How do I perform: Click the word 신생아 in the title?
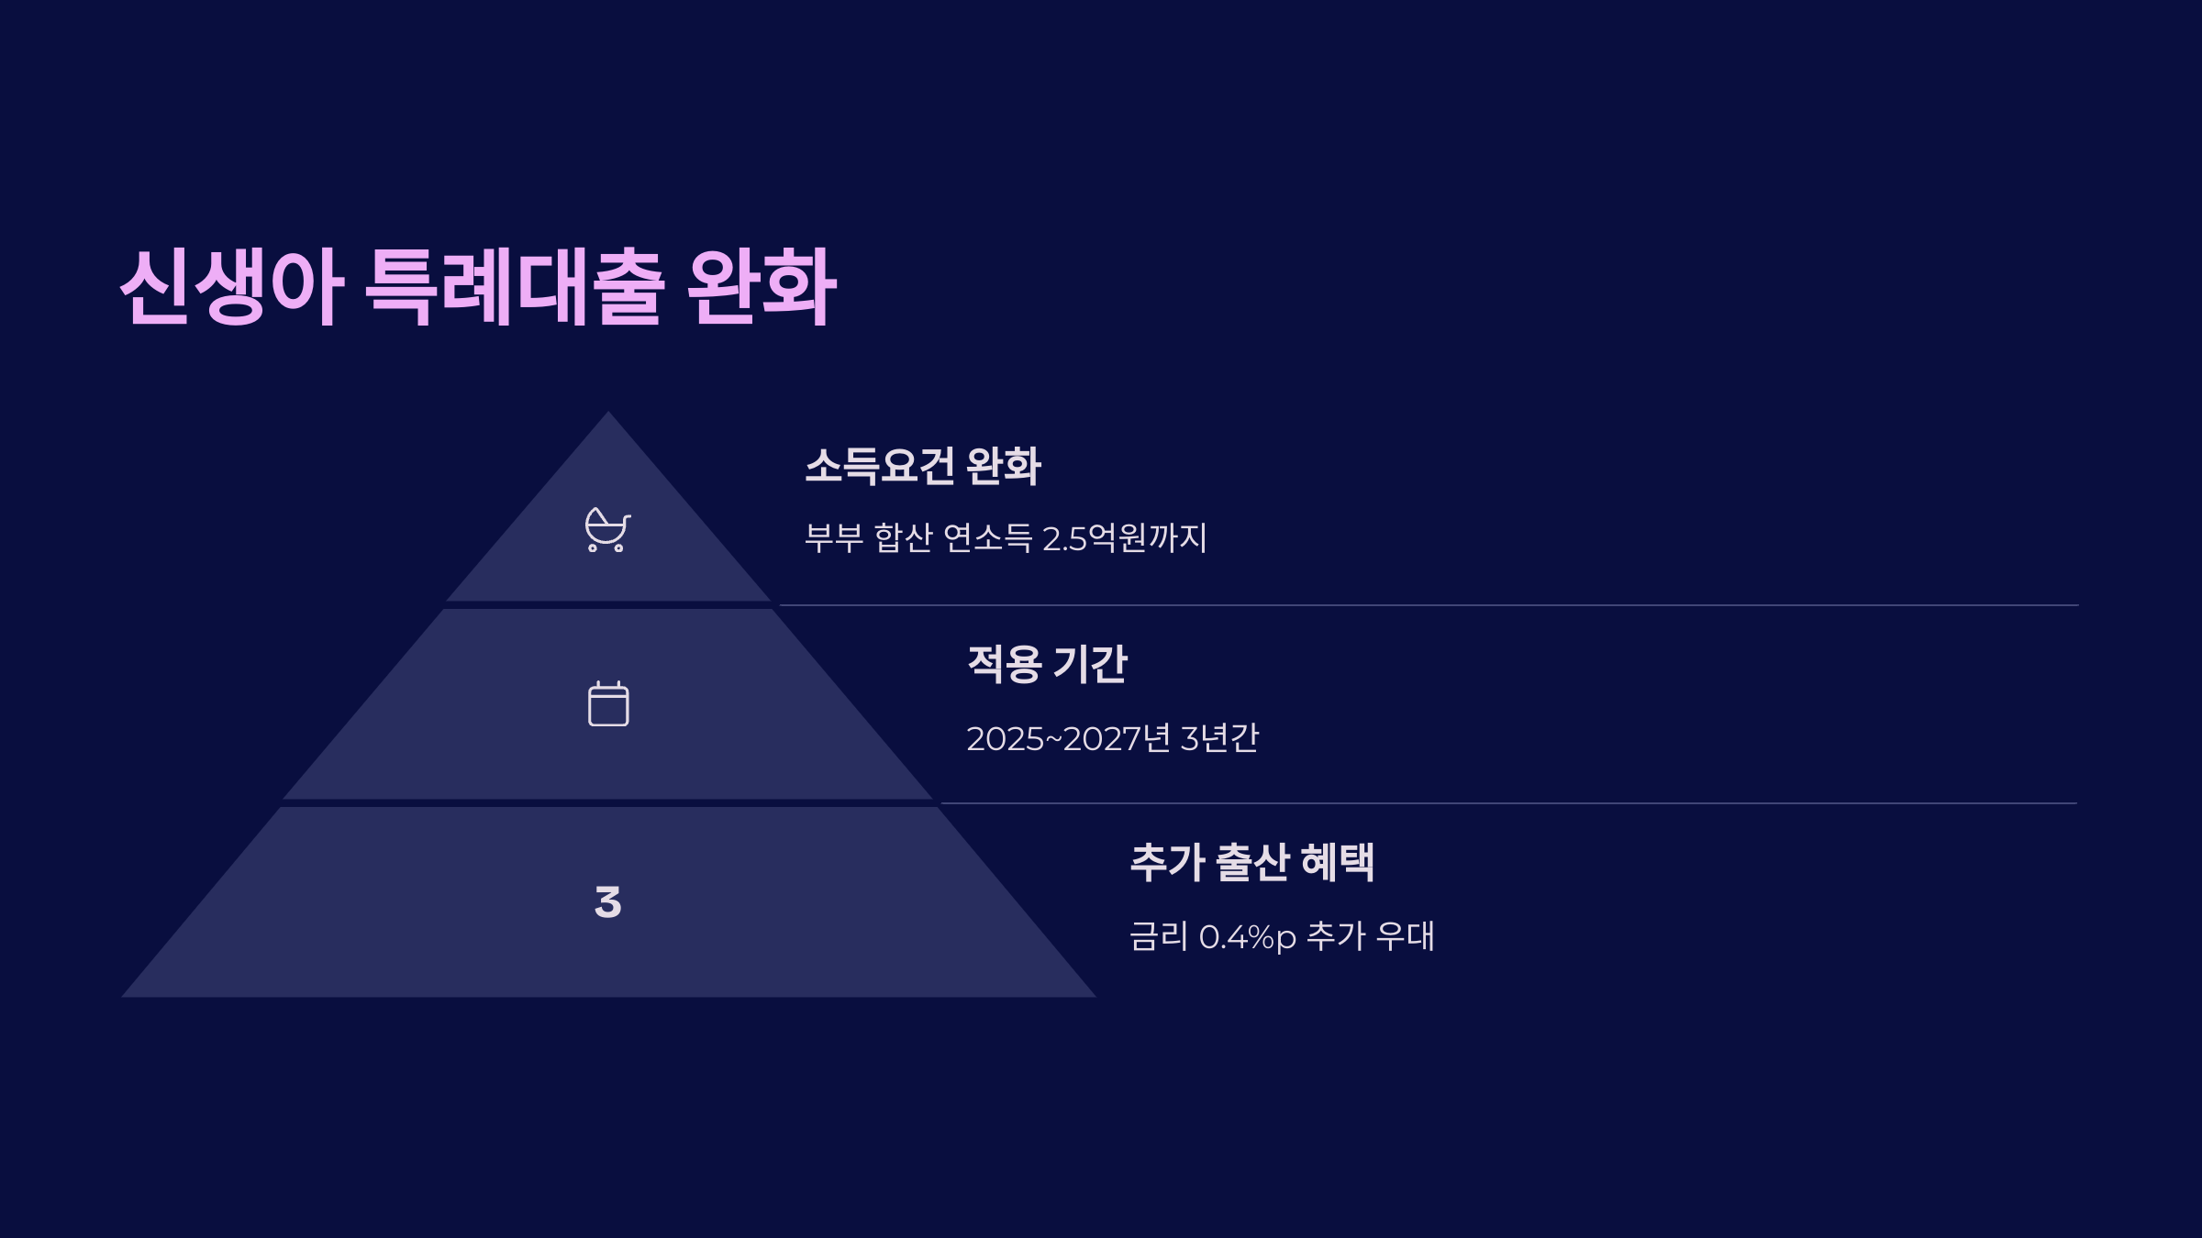(231, 286)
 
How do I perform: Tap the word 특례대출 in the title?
(514, 286)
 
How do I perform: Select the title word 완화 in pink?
(762, 286)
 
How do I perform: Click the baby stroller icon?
(607, 530)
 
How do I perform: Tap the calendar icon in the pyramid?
(608, 703)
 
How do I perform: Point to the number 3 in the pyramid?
(607, 902)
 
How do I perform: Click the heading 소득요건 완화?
(923, 466)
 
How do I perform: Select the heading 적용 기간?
(1047, 664)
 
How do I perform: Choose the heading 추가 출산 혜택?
(1251, 862)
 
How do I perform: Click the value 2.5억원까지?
(1125, 538)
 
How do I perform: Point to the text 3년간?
(1219, 738)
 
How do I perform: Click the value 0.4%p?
(1247, 937)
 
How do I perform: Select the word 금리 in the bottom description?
(1158, 937)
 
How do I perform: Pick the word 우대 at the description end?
(1405, 937)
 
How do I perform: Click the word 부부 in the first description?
(833, 538)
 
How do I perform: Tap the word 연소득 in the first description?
(987, 538)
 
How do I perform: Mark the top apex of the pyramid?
(607, 415)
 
